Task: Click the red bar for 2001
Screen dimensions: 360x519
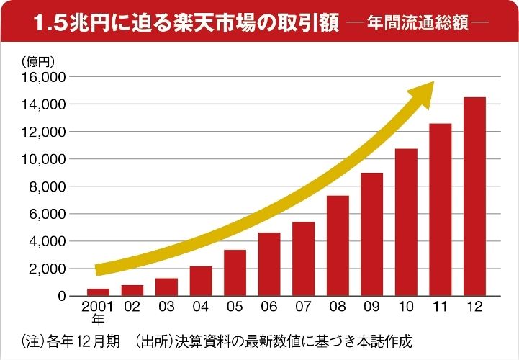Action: point(98,292)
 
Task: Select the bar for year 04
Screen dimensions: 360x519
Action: point(201,281)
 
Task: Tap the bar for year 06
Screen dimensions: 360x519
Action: point(269,264)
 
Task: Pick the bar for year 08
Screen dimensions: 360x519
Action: point(338,246)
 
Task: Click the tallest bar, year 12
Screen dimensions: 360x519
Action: point(474,196)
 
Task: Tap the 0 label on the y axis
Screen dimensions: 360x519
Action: point(62,296)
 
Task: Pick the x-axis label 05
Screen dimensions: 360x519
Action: point(235,307)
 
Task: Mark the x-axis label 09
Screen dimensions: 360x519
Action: point(372,307)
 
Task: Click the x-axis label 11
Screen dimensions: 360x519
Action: point(441,307)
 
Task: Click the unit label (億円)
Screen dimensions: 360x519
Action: point(38,61)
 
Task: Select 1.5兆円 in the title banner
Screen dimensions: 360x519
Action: point(66,22)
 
